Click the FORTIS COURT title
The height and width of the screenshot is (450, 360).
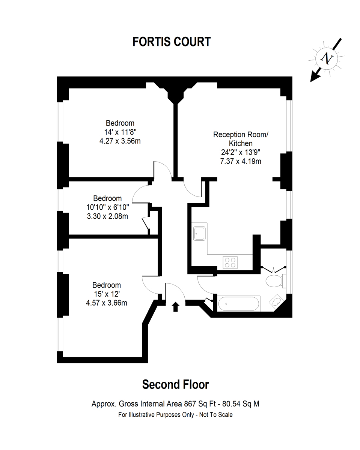click(x=172, y=42)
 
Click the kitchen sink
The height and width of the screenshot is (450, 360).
click(x=199, y=233)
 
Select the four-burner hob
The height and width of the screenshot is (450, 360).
click(x=230, y=262)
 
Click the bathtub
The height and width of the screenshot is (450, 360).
click(x=239, y=303)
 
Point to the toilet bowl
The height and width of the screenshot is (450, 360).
click(x=274, y=281)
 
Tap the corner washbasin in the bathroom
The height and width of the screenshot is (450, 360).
click(x=277, y=301)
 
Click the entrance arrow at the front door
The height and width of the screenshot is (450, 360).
click(x=175, y=306)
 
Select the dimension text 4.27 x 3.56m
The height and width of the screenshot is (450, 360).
click(x=120, y=141)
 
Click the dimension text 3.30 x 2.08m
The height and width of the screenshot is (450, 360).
click(x=107, y=216)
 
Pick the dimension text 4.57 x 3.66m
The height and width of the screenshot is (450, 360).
click(x=107, y=303)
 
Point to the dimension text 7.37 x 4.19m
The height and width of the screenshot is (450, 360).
click(x=241, y=161)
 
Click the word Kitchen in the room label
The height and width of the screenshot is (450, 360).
click(x=241, y=144)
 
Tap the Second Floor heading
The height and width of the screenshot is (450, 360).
click(x=175, y=384)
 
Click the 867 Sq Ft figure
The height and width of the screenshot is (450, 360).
click(x=200, y=404)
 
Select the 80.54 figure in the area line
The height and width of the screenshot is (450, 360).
click(x=231, y=404)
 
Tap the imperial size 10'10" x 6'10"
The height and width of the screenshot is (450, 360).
click(x=108, y=207)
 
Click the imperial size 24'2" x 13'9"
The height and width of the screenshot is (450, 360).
click(x=241, y=152)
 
